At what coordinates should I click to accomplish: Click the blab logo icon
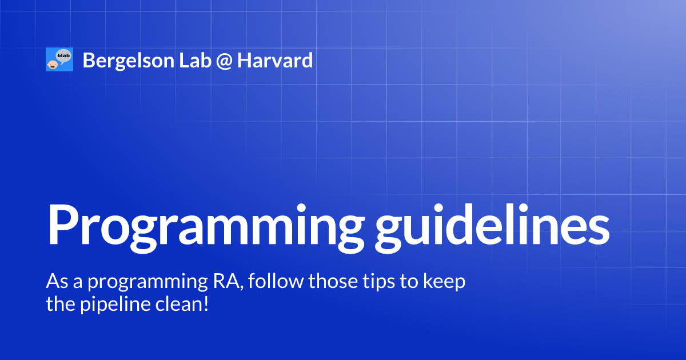(59, 59)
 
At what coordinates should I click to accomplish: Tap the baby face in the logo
(53, 65)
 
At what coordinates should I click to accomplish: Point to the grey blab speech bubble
(63, 55)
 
